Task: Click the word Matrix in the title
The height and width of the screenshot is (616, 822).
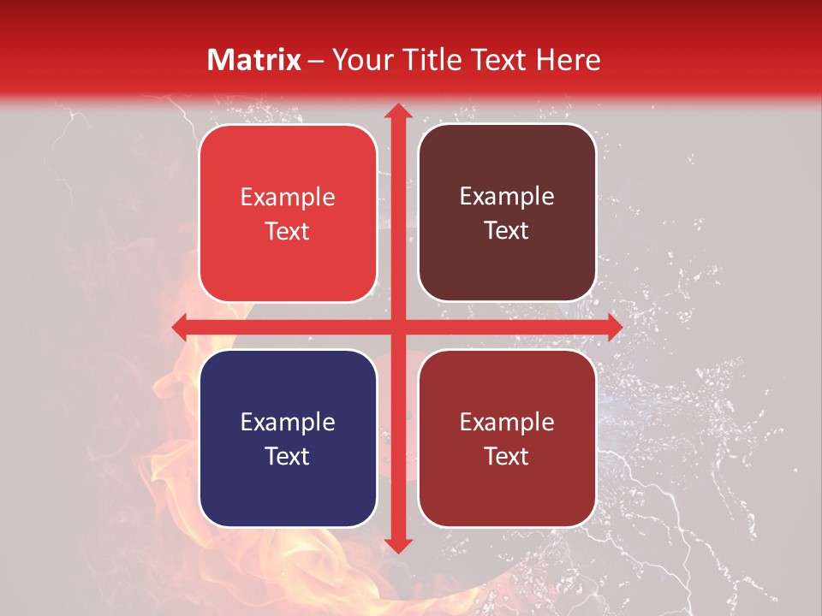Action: (254, 60)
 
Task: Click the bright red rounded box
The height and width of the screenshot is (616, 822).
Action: (288, 213)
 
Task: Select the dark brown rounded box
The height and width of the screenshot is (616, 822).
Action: (507, 213)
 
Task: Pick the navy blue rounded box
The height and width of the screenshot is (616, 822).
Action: (288, 438)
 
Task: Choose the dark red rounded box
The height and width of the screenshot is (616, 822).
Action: (507, 438)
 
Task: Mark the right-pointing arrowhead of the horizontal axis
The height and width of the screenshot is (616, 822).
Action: (614, 327)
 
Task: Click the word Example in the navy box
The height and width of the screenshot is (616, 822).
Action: (288, 423)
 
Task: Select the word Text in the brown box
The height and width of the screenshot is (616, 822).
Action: (507, 231)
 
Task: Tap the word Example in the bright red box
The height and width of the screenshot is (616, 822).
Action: (288, 198)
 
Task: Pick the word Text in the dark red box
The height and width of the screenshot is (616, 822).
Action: (507, 456)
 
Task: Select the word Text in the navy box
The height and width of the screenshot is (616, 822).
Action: (288, 456)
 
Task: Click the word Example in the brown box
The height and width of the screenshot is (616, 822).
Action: (507, 197)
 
